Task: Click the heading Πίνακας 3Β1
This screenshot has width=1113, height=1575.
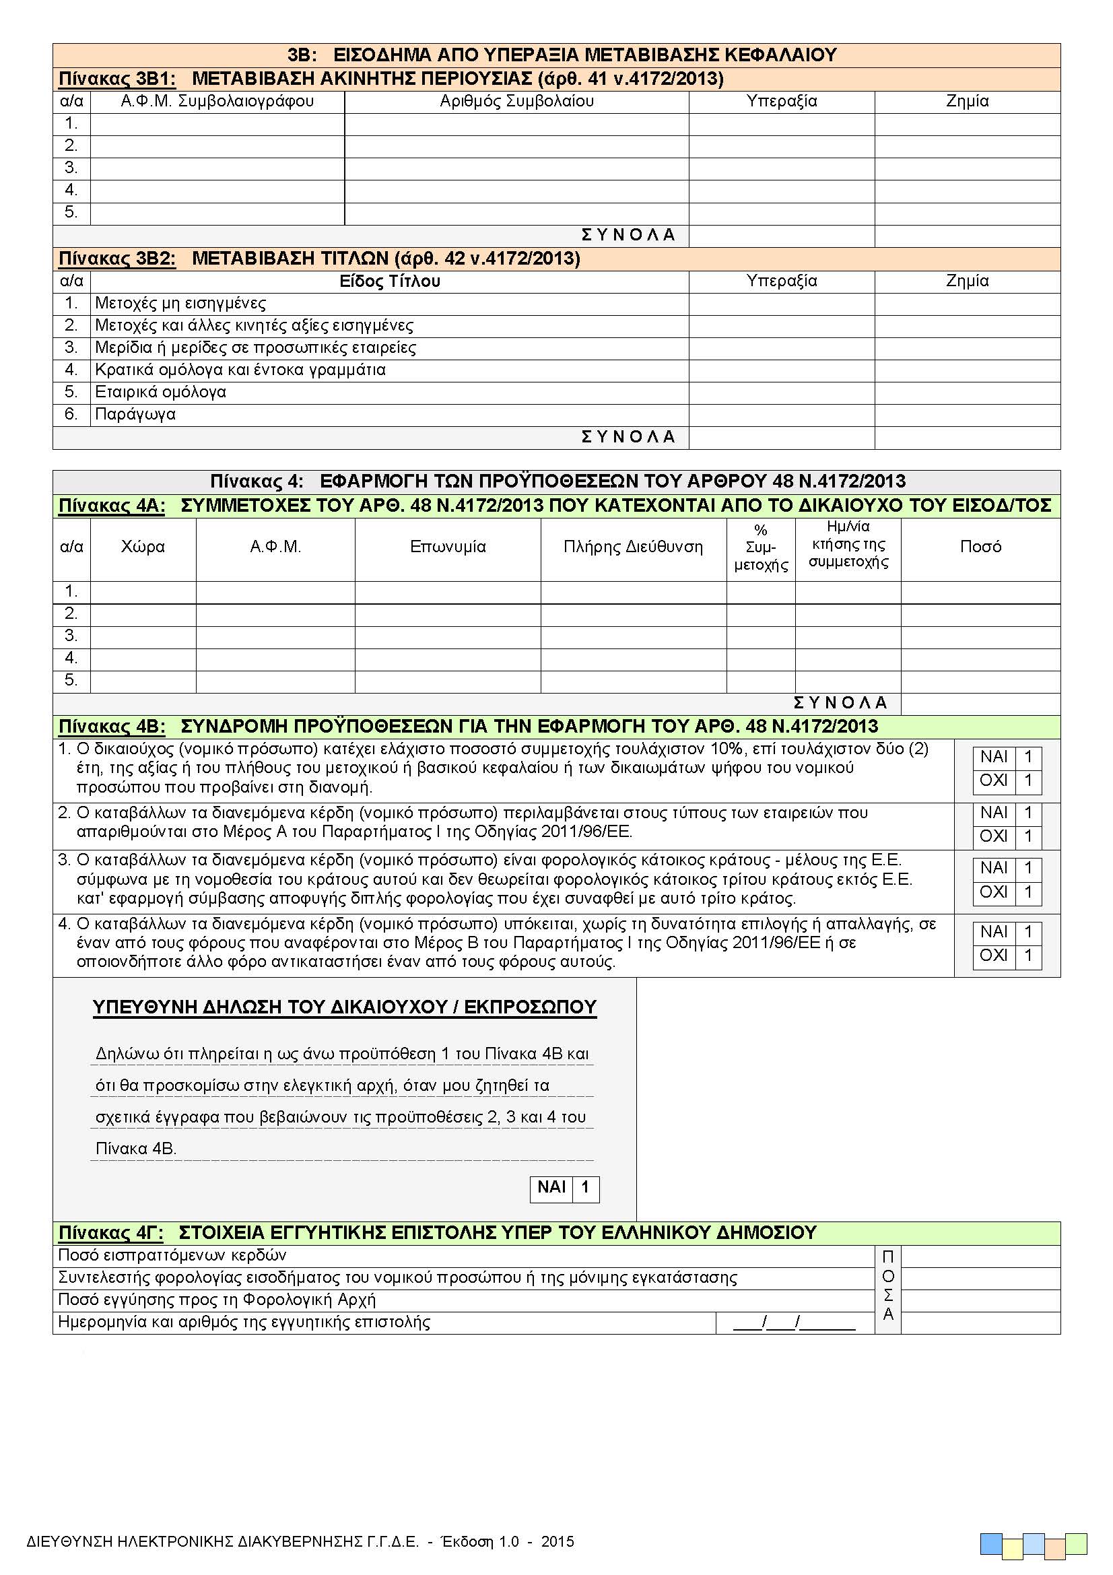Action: pos(117,79)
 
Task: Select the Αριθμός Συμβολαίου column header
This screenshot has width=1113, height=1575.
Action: pos(516,102)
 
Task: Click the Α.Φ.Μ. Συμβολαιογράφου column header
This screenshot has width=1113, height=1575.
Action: pos(217,102)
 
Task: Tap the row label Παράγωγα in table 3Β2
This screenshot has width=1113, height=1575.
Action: pos(135,414)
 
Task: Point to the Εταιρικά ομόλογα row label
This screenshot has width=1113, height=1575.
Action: pos(160,393)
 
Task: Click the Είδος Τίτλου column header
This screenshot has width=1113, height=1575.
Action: pos(389,281)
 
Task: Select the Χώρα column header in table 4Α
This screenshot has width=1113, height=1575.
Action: pos(143,547)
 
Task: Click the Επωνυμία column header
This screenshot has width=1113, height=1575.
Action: pos(448,547)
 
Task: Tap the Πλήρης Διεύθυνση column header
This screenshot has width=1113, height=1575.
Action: pos(633,547)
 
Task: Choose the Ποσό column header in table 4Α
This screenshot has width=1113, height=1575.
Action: pos(980,547)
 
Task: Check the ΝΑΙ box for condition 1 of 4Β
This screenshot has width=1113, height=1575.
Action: pos(1028,758)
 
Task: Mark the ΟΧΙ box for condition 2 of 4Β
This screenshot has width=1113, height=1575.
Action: pos(1028,837)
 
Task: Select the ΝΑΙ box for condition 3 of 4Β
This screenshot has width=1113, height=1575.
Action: pos(1028,869)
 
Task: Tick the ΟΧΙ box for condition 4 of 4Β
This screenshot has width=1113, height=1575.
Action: pos(1028,956)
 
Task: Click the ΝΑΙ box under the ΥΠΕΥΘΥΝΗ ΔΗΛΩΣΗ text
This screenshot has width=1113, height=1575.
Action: pos(585,1187)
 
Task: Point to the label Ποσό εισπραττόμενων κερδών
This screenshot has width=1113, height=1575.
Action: pos(172,1255)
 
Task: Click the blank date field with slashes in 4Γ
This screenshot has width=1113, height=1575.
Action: pos(794,1322)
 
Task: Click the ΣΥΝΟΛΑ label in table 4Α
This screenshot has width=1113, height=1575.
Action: pos(840,703)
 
